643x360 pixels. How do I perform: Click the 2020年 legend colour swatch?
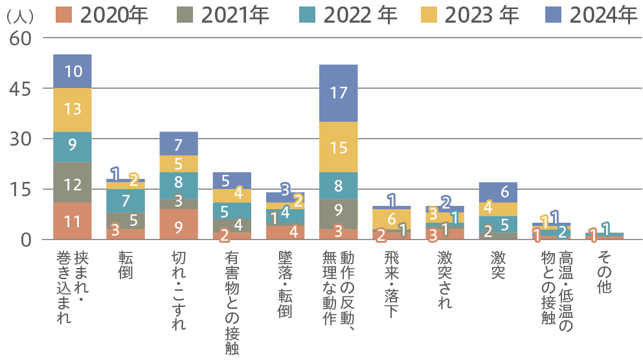coord(65,14)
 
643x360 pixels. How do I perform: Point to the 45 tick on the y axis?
coord(20,88)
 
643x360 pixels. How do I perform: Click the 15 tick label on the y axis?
coord(20,189)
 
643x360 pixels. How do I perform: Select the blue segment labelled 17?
coord(339,93)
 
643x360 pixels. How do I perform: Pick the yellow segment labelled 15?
coord(339,147)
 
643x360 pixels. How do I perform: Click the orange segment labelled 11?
coord(73,221)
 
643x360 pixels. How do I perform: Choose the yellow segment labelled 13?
coord(73,109)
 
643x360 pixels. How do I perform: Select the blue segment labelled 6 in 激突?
coord(497,192)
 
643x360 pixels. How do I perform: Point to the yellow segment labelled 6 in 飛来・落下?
coord(391,219)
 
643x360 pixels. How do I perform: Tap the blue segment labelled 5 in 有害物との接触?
coord(232,180)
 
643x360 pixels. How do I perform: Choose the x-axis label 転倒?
coord(126,265)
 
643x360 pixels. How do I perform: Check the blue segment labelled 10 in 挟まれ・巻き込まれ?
coord(73,71)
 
